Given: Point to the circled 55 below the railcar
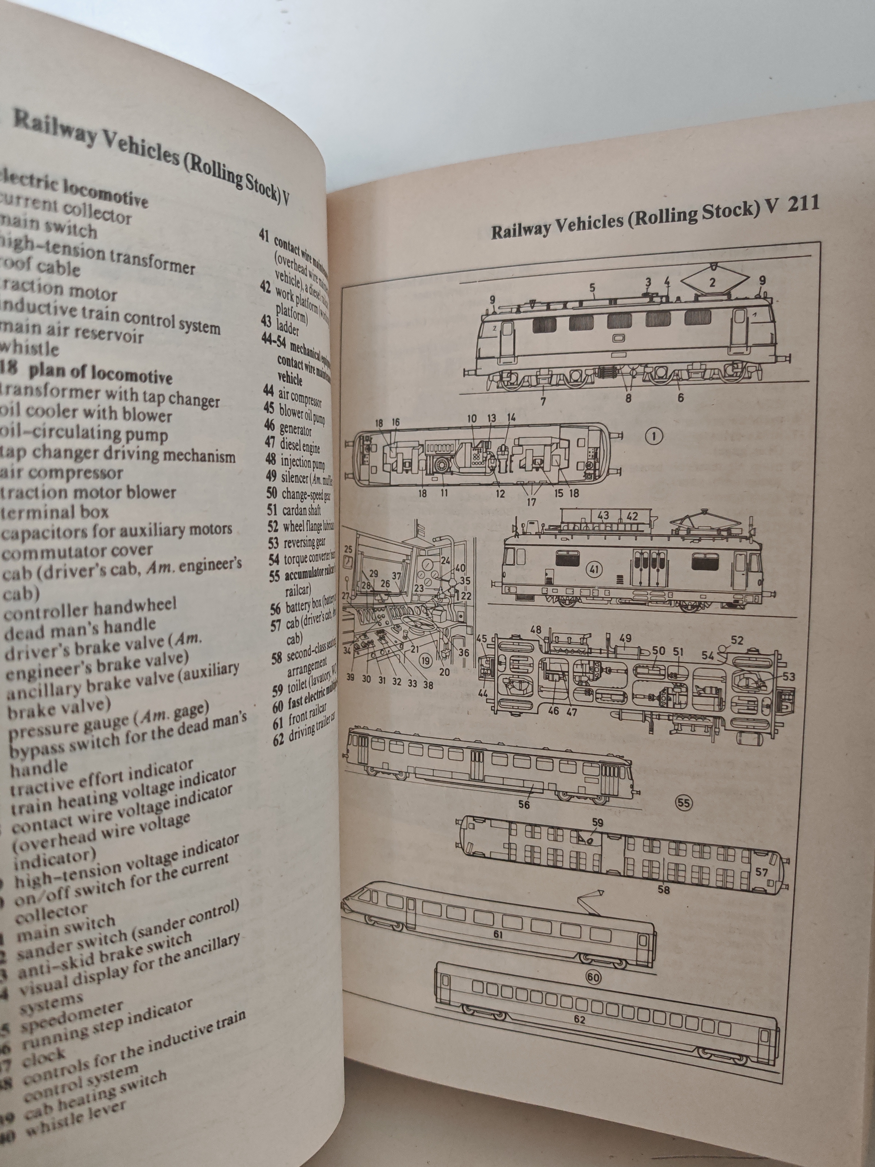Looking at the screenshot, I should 684,803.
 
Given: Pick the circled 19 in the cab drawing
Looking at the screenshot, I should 425,660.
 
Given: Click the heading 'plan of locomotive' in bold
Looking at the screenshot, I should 100,373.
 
